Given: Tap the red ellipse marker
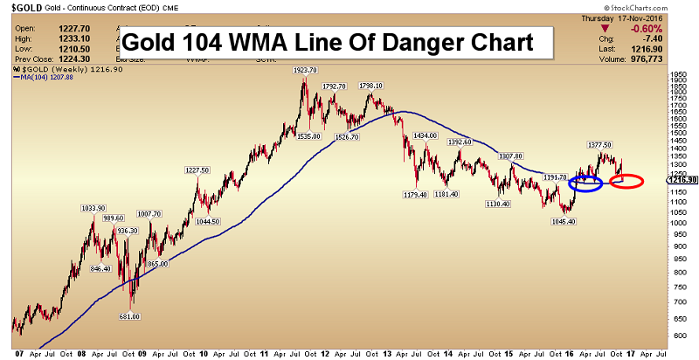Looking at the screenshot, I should click(626, 182).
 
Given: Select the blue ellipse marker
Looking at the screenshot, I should click(585, 183).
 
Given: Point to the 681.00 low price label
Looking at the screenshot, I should click(130, 317).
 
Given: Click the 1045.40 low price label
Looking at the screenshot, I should click(561, 221).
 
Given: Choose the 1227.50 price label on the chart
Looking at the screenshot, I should click(196, 170).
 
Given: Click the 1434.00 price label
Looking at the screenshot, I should click(426, 136).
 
